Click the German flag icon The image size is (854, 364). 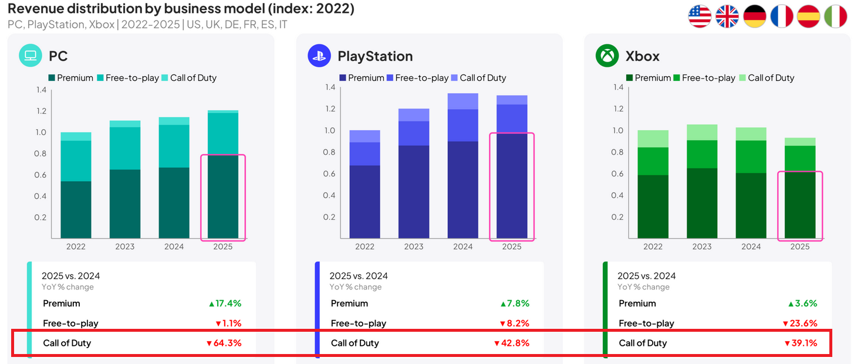(755, 16)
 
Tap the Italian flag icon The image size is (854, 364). (835, 16)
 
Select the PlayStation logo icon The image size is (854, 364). (319, 56)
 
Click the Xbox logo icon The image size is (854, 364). (607, 56)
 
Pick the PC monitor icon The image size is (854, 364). (31, 56)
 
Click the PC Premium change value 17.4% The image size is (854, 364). (225, 304)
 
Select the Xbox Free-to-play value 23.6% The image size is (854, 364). (801, 324)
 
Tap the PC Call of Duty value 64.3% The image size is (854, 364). (225, 343)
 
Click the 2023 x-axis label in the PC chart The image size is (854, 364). (124, 247)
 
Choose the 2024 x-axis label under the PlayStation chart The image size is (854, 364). (463, 247)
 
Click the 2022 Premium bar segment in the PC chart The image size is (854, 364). (75, 209)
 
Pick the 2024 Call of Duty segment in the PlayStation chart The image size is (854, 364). (463, 101)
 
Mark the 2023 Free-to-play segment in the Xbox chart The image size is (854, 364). (702, 154)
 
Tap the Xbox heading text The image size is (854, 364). (642, 56)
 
